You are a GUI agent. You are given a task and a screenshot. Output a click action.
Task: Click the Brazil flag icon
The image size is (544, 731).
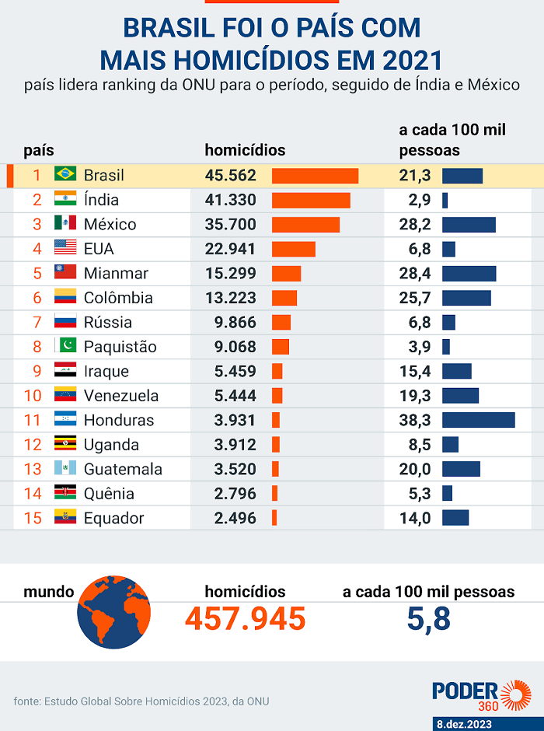(65, 174)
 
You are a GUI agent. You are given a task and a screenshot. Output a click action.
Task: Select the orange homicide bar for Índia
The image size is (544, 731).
(311, 200)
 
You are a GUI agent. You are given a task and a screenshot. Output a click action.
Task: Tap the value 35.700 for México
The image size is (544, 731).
(231, 224)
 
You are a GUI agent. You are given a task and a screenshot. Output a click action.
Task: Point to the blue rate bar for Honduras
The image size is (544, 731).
(479, 420)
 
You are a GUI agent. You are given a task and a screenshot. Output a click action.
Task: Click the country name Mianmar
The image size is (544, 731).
(116, 273)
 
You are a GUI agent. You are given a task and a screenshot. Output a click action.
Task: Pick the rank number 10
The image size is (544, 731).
(33, 396)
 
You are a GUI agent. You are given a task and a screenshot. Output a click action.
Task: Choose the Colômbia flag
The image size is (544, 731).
(65, 296)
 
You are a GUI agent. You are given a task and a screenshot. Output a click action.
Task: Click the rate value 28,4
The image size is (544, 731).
(415, 273)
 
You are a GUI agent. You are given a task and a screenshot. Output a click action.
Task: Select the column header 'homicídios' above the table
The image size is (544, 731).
(245, 150)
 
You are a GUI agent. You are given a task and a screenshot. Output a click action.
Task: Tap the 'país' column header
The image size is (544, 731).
(39, 151)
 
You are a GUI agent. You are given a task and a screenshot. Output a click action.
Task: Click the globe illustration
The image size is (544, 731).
(113, 612)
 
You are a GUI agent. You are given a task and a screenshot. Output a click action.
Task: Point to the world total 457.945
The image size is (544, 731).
(246, 619)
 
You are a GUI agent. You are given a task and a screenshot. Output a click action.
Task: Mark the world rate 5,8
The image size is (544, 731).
(428, 619)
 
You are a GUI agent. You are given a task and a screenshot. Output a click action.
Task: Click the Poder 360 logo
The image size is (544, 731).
(482, 695)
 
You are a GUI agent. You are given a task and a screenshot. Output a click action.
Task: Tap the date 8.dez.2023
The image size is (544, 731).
(464, 724)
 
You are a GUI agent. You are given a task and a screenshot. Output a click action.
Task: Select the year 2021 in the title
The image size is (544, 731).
(412, 60)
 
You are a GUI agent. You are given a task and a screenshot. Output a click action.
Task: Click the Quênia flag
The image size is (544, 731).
(65, 491)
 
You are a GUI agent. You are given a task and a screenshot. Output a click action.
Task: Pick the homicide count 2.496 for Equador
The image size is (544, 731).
(235, 518)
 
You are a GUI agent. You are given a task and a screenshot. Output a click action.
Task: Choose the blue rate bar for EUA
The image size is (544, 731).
(448, 249)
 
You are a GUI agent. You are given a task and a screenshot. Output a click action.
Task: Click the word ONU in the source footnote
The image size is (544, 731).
(258, 701)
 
